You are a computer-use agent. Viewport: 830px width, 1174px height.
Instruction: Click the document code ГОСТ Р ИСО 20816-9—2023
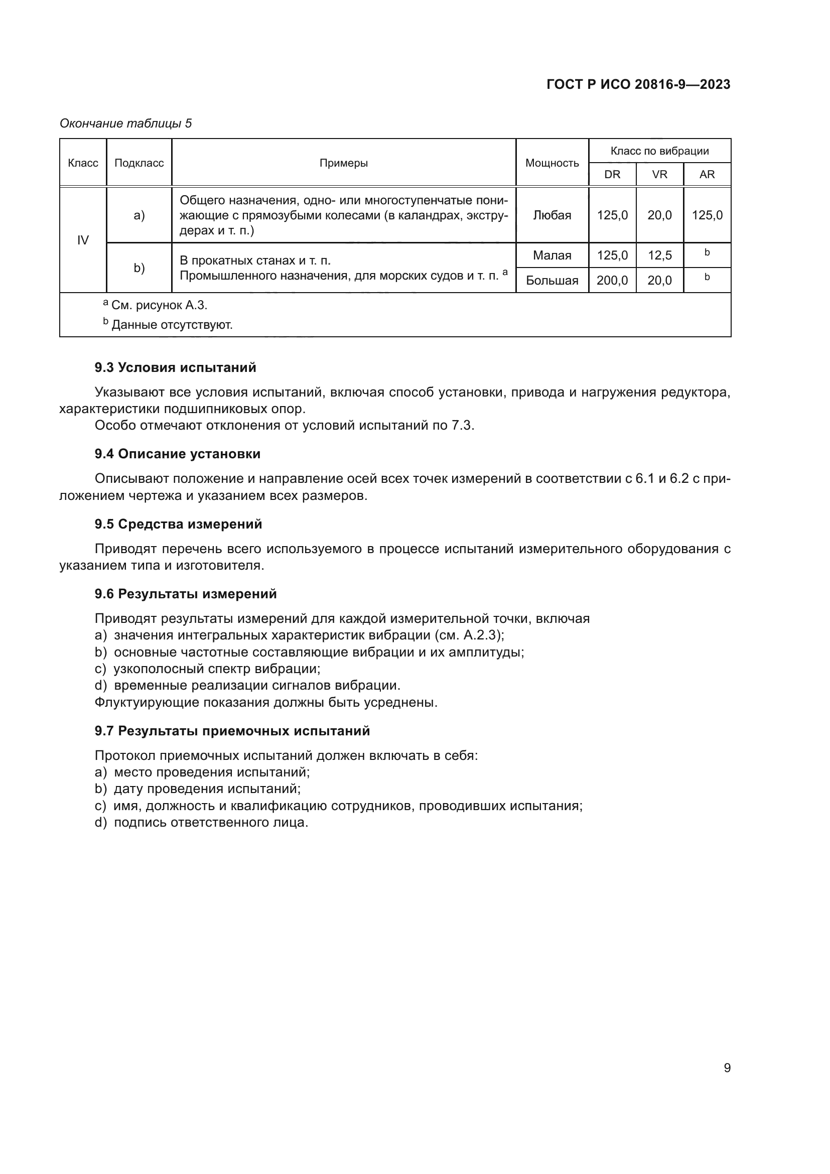638,84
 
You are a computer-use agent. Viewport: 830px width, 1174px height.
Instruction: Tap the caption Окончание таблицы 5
126,123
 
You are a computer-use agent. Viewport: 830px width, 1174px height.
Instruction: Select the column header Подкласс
139,163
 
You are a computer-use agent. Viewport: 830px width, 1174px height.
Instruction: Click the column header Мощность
552,163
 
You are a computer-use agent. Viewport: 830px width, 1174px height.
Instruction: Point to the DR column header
612,174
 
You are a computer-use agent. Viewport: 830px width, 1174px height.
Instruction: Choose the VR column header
659,174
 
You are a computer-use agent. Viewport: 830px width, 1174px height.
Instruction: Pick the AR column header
707,174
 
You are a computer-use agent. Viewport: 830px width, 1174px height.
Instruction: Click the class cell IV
83,240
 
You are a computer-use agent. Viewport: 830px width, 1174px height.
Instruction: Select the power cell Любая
552,215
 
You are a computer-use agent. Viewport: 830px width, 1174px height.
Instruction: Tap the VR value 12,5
659,255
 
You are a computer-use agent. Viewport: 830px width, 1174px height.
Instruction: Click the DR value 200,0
612,280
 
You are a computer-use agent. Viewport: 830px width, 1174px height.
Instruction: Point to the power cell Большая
552,280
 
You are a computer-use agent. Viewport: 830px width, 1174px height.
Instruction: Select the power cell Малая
552,255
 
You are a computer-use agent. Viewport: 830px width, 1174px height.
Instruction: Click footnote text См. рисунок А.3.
159,305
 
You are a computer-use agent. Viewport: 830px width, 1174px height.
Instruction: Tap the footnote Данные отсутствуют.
172,325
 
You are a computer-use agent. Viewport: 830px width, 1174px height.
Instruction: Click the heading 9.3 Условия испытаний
175,367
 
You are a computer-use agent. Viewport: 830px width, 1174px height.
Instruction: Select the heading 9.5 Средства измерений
178,524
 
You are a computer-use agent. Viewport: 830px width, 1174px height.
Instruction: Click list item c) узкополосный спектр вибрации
208,669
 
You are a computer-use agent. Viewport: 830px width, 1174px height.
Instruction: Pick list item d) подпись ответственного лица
201,823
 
